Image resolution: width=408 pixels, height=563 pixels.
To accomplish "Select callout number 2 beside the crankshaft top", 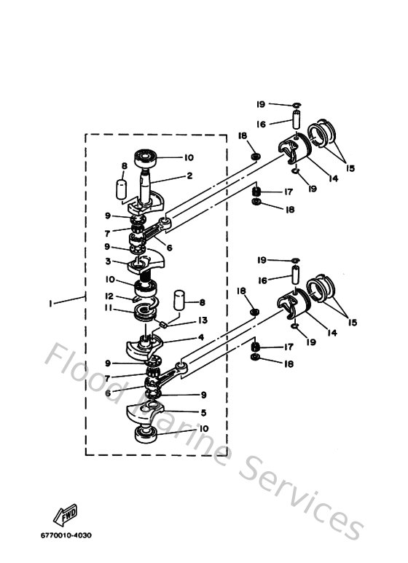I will [189, 176].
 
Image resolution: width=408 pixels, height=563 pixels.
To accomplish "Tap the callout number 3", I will [109, 261].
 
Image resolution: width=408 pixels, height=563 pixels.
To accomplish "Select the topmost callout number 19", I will [261, 104].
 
